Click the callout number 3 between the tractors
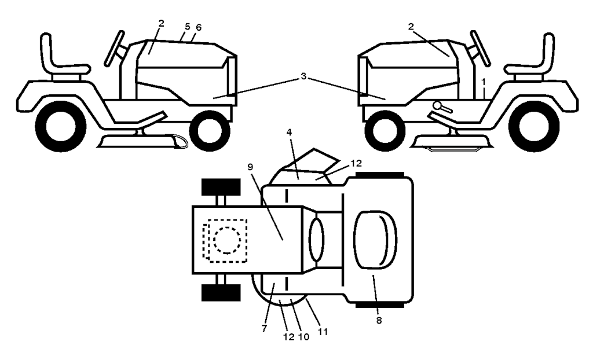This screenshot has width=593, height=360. pyautogui.click(x=303, y=76)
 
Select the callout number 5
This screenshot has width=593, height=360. pyautogui.click(x=188, y=27)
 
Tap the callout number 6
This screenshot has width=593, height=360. pyautogui.click(x=199, y=27)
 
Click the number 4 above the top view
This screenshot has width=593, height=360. pyautogui.click(x=289, y=132)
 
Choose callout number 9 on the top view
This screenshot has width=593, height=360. pyautogui.click(x=250, y=167)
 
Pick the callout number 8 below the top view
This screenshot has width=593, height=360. pyautogui.click(x=379, y=321)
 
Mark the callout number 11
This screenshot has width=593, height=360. pyautogui.click(x=322, y=332)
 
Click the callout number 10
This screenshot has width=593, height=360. pyautogui.click(x=303, y=337)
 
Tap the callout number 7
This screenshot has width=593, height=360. pyautogui.click(x=264, y=328)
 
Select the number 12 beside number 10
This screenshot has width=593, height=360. pyautogui.click(x=288, y=337)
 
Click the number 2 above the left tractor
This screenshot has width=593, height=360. pyautogui.click(x=162, y=23)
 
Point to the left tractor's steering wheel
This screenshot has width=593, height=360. pyautogui.click(x=114, y=49)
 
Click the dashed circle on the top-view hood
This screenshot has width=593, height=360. pyautogui.click(x=227, y=240)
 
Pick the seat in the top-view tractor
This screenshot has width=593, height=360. pyautogui.click(x=375, y=240)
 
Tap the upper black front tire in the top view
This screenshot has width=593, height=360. pyautogui.click(x=221, y=187)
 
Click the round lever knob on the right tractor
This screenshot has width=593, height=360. pyautogui.click(x=438, y=105)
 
